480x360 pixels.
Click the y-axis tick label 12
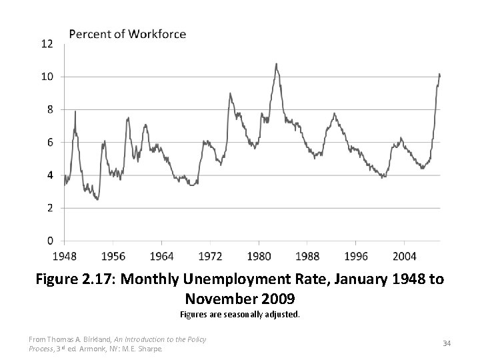click(x=47, y=44)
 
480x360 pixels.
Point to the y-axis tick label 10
click(x=47, y=77)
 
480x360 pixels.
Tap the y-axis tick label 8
click(x=49, y=109)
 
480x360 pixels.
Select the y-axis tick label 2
click(x=49, y=208)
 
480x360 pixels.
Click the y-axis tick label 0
click(x=49, y=241)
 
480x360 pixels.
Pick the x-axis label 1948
click(x=65, y=256)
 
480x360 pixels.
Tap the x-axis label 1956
click(x=113, y=256)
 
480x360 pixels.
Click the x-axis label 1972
click(x=211, y=256)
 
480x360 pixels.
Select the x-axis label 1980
click(x=259, y=256)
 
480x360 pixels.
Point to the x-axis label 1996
click(x=356, y=256)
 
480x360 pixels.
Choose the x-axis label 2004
click(x=405, y=256)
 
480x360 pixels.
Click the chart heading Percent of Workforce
click(x=129, y=33)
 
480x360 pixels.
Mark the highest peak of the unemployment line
click(x=276, y=64)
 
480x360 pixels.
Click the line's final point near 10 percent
click(x=439, y=75)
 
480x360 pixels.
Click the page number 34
click(x=447, y=343)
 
